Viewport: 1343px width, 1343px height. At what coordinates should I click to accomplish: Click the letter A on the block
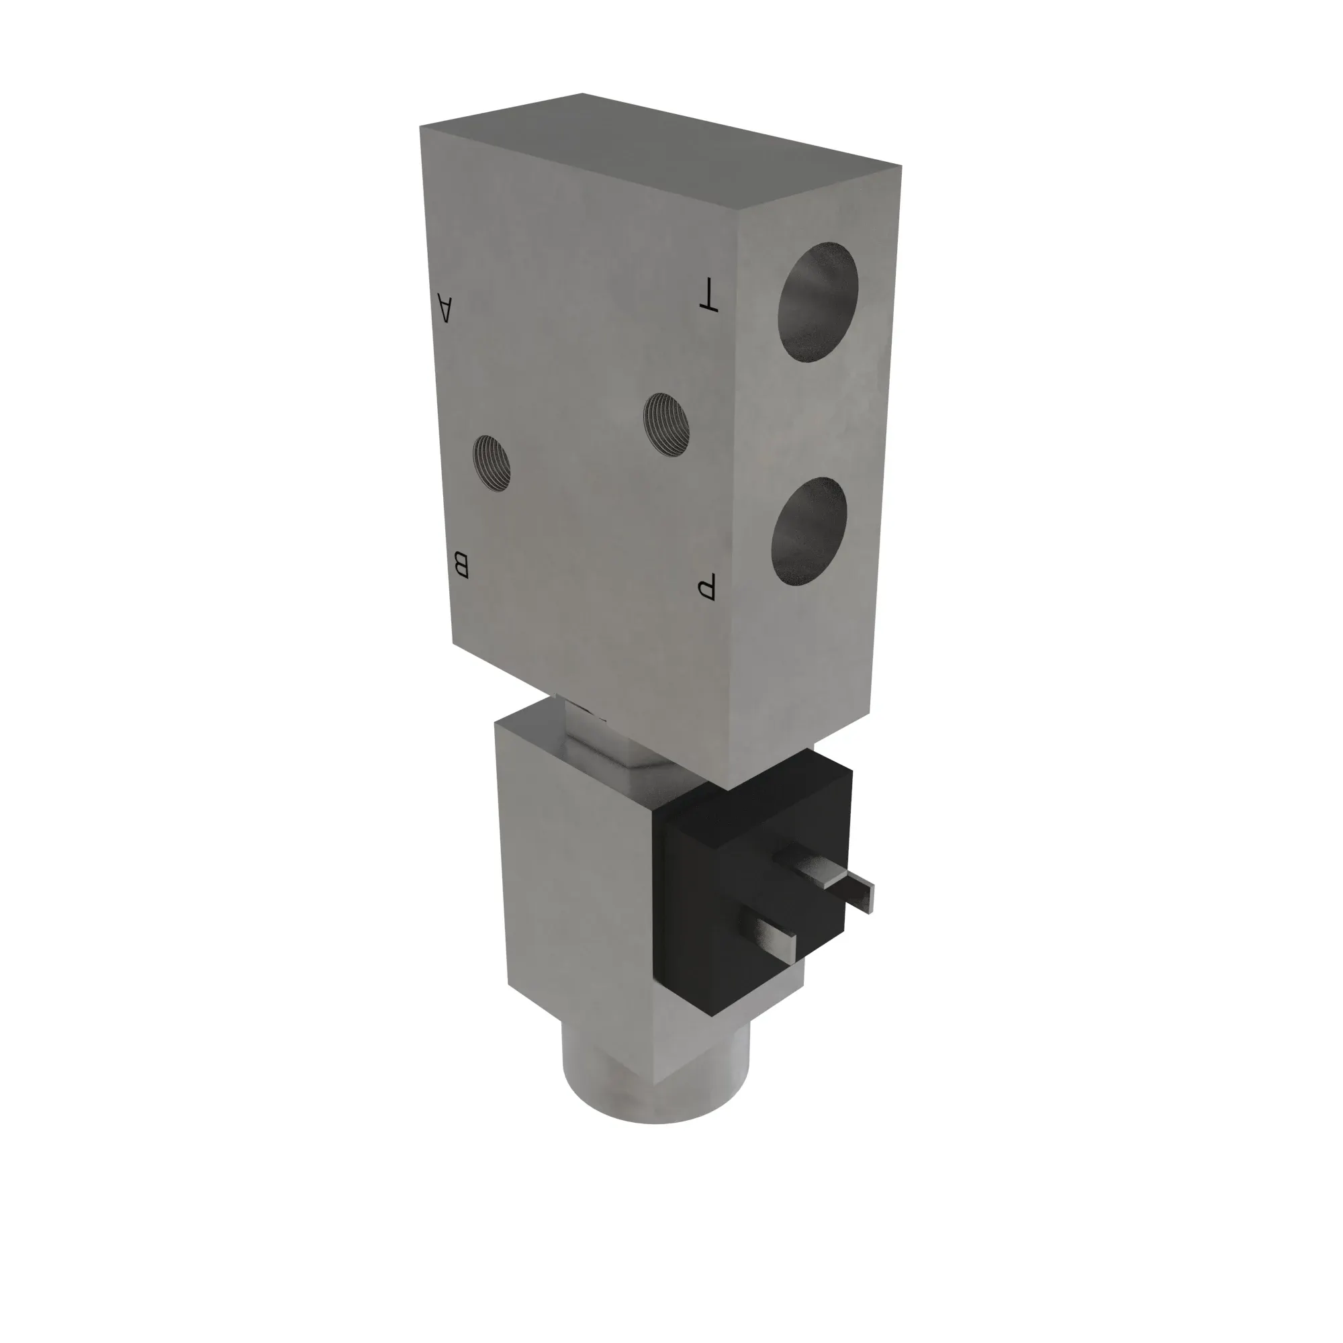coord(446,308)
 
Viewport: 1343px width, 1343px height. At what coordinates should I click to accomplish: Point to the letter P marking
coord(706,588)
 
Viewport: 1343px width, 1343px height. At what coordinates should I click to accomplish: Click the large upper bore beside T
coord(817,302)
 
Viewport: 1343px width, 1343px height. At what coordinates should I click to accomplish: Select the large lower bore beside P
coord(809,531)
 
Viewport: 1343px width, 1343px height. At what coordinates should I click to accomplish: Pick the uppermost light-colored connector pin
coord(806,866)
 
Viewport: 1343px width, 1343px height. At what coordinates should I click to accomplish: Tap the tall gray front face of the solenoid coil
coord(577,883)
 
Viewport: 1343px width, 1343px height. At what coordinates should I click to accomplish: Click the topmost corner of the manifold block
coord(582,93)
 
